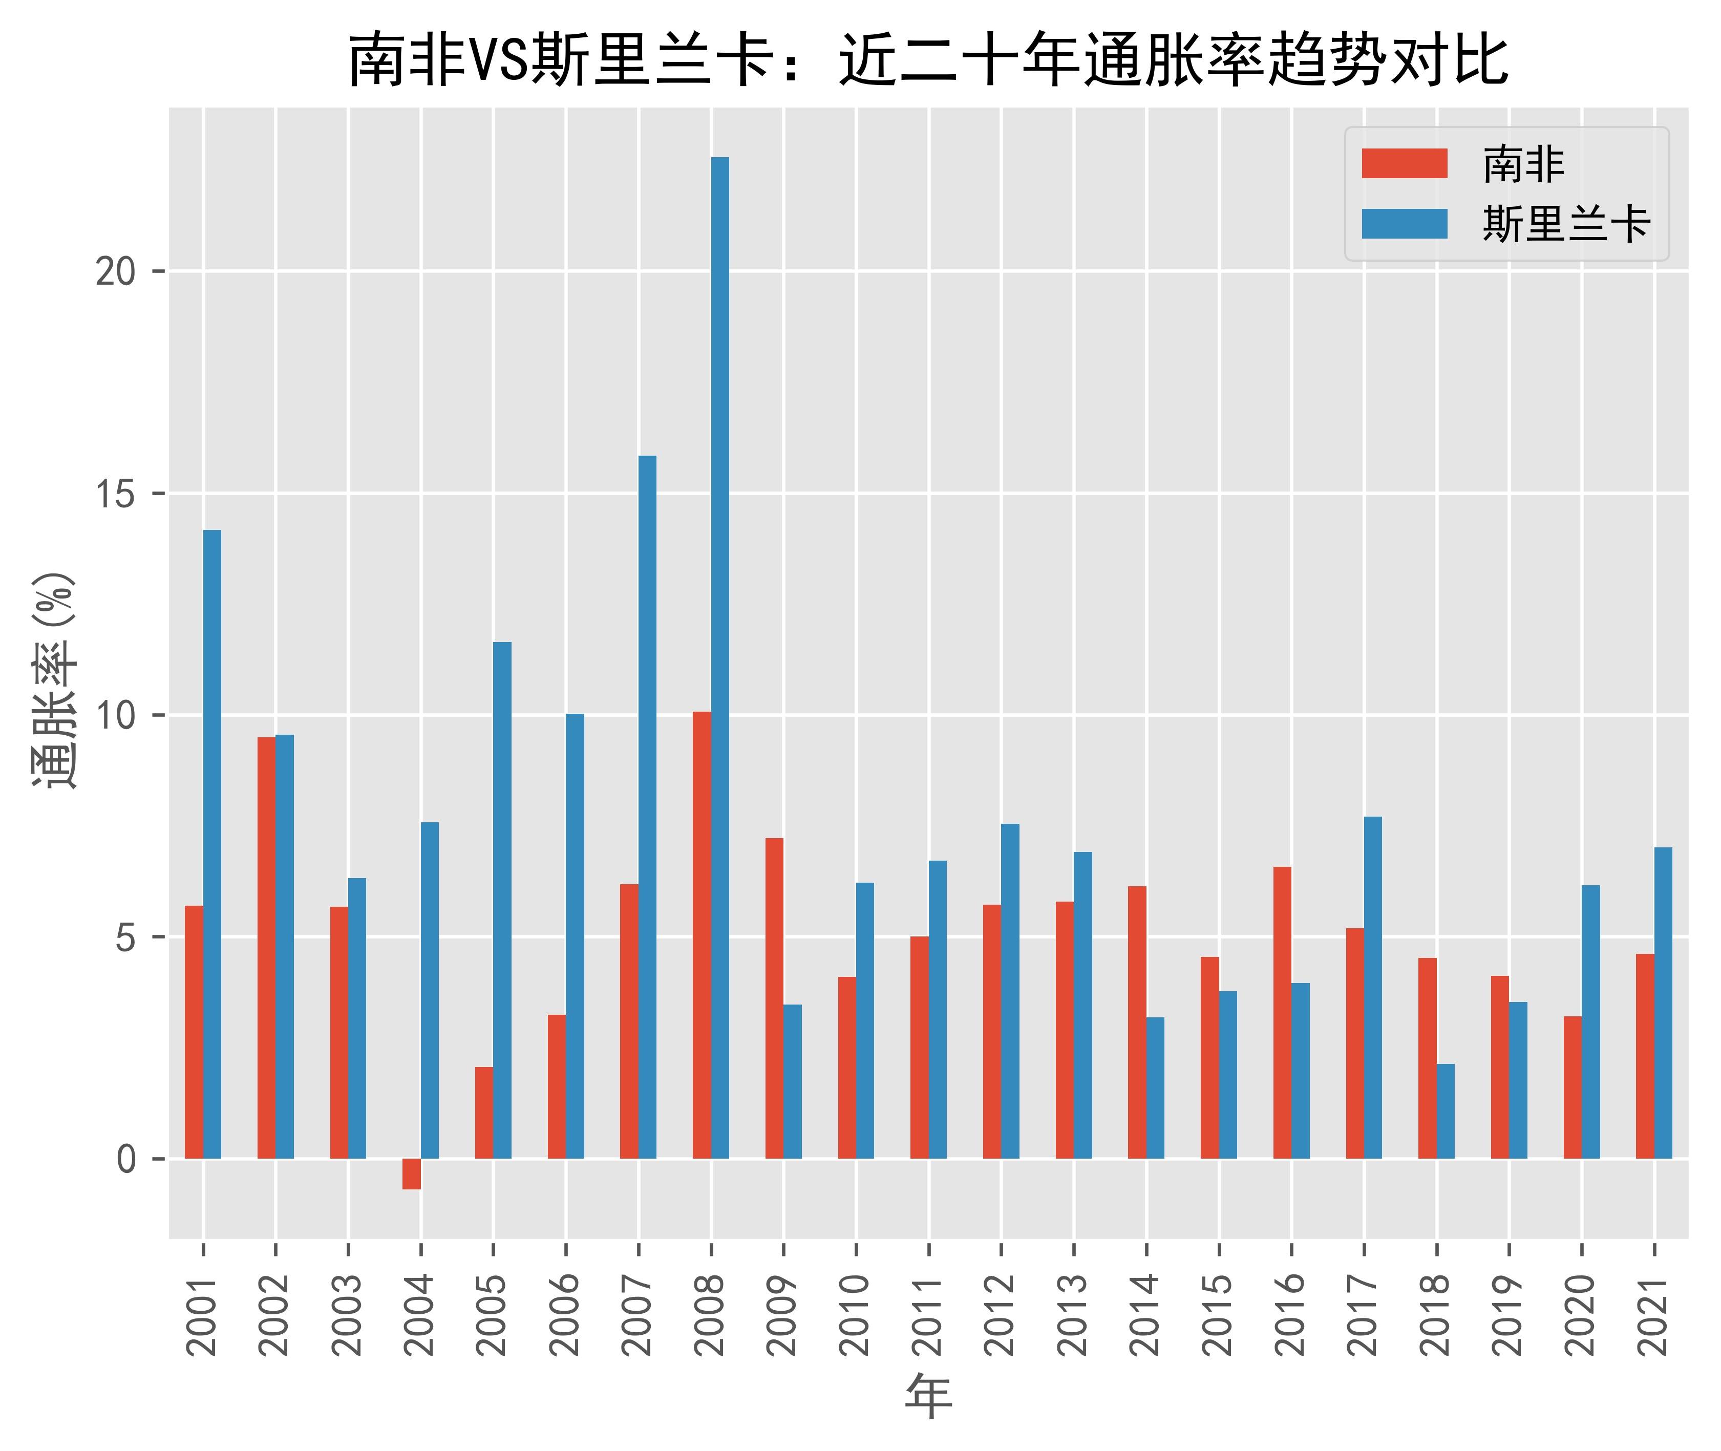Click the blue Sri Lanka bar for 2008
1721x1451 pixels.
click(x=720, y=658)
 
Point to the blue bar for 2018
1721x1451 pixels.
click(x=1446, y=1111)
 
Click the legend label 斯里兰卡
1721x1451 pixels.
click(x=1565, y=224)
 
